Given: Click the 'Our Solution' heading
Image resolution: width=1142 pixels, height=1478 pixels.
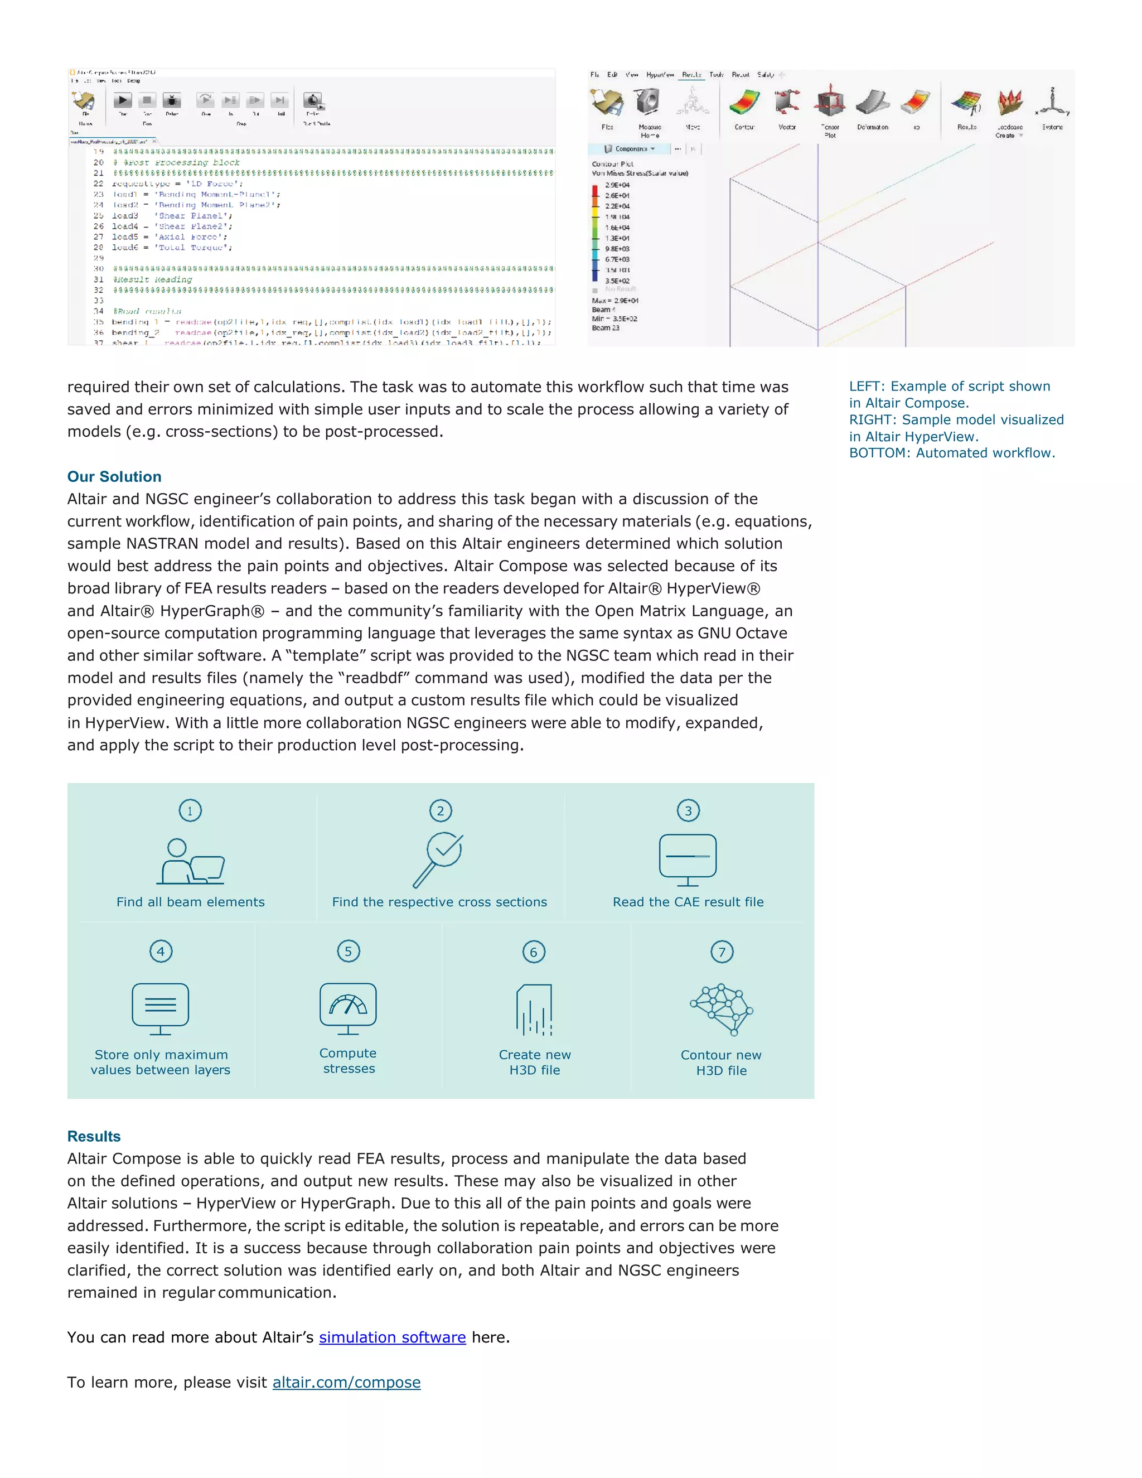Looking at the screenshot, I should click(x=114, y=476).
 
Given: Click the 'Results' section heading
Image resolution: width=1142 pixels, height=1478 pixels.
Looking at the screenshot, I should click(x=94, y=1136).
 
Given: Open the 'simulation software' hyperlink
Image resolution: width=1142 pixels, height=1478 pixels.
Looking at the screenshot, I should click(x=393, y=1337).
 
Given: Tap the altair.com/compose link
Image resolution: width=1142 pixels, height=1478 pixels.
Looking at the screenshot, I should click(x=346, y=1382).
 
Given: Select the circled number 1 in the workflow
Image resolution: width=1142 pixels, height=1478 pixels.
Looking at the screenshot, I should click(x=190, y=811).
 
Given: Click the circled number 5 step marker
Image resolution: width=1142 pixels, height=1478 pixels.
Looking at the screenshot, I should click(x=349, y=951).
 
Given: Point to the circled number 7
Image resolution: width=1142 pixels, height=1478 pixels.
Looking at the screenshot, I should click(x=722, y=952).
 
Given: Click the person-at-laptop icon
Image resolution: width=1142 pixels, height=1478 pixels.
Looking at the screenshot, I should click(x=191, y=862).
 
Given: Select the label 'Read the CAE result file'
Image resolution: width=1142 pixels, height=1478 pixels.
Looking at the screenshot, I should click(x=688, y=902).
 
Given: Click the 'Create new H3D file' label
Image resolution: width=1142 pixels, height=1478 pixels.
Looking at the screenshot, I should click(x=534, y=1062).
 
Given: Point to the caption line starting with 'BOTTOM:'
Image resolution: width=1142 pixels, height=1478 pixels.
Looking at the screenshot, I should click(x=952, y=453).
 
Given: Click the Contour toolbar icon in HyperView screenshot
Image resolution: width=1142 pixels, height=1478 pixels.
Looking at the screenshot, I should click(x=745, y=104).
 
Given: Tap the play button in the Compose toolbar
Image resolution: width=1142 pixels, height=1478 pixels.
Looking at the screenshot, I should click(x=123, y=101).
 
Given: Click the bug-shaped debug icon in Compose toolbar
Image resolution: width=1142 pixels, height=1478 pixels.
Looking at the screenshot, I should click(x=172, y=101).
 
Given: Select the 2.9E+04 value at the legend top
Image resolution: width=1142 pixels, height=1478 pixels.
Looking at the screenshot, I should click(x=617, y=185).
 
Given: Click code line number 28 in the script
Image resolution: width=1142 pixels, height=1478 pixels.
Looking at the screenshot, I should click(x=99, y=248).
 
